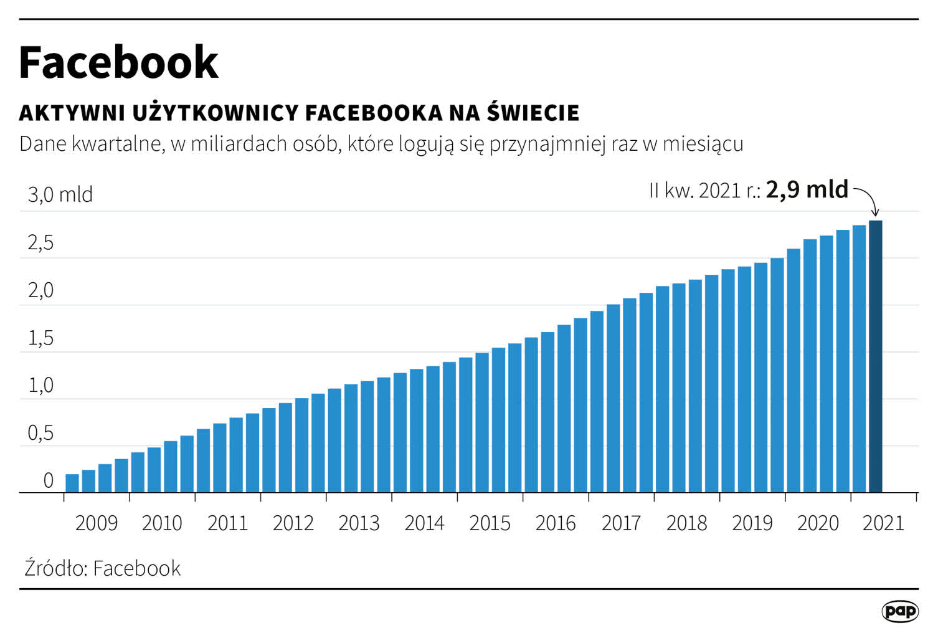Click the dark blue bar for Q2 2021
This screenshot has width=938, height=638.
pyautogui.click(x=875, y=356)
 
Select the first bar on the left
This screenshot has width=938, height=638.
pyautogui.click(x=72, y=483)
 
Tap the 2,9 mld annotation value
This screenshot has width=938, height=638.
pyautogui.click(x=807, y=189)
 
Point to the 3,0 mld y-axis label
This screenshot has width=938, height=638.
pyautogui.click(x=60, y=195)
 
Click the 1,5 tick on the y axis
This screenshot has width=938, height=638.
pyautogui.click(x=40, y=339)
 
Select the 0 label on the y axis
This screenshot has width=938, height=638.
pyautogui.click(x=48, y=481)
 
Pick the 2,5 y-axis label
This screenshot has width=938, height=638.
pyautogui.click(x=40, y=244)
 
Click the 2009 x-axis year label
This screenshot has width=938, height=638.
pyautogui.click(x=96, y=523)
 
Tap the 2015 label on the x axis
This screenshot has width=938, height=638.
pyautogui.click(x=490, y=523)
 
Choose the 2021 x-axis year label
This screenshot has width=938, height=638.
pyautogui.click(x=883, y=523)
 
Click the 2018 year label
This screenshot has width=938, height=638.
pyautogui.click(x=686, y=523)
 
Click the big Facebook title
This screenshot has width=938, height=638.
pyautogui.click(x=118, y=62)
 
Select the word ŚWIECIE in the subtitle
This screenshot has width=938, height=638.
pyautogui.click(x=533, y=113)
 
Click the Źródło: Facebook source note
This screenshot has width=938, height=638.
pyautogui.click(x=103, y=568)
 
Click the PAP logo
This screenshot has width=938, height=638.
pyautogui.click(x=900, y=611)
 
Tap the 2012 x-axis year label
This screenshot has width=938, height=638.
pyautogui.click(x=293, y=523)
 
